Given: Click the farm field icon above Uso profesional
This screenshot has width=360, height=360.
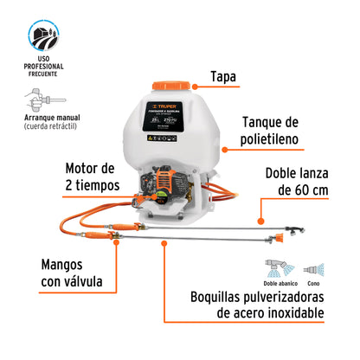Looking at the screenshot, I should click(x=43, y=37).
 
